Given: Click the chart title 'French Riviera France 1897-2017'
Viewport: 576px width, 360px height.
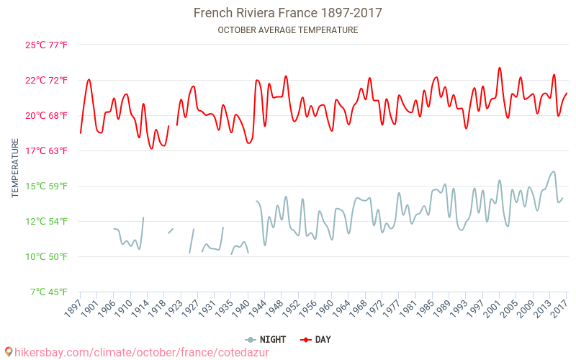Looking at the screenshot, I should click(x=287, y=13).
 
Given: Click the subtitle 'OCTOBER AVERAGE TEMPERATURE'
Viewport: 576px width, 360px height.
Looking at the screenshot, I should click(x=287, y=30).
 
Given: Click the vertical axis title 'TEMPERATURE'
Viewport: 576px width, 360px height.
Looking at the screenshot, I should click(x=15, y=168).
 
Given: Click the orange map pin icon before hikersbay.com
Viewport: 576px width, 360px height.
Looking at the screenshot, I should click(x=9, y=351).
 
